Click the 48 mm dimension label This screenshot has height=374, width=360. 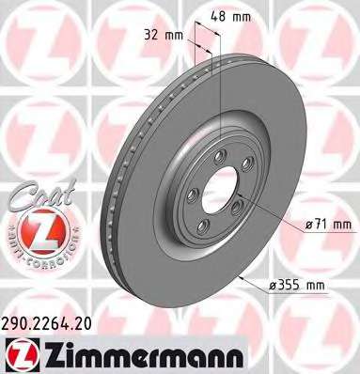click(230, 16)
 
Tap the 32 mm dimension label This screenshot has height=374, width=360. click(164, 35)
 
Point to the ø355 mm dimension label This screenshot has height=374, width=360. click(296, 286)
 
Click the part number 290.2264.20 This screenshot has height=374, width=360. click(47, 323)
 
